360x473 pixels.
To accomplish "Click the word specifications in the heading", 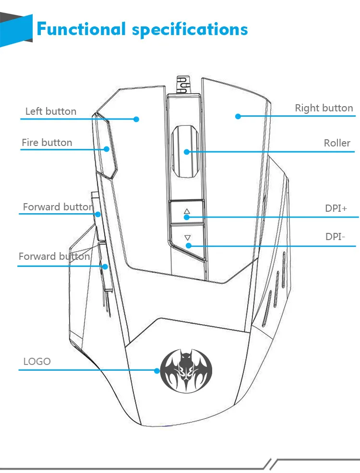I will [190, 30].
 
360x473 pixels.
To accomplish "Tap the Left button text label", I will [50, 111].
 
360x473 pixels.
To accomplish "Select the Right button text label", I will [324, 108].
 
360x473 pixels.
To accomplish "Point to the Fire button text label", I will [47, 143].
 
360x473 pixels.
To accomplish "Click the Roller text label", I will [337, 143].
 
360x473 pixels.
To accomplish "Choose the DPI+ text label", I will [336, 208].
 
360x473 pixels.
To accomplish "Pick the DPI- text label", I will [336, 236].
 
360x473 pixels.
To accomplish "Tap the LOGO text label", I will [37, 361].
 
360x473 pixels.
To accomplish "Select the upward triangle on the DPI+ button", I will [187, 211].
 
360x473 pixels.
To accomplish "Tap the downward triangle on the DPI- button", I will [188, 237].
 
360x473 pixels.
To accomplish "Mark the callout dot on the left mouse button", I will [136, 119].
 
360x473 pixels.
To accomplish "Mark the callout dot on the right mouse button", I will [238, 116].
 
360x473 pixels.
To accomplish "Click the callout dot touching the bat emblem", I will [156, 370].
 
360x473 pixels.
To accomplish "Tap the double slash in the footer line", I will [273, 463].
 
